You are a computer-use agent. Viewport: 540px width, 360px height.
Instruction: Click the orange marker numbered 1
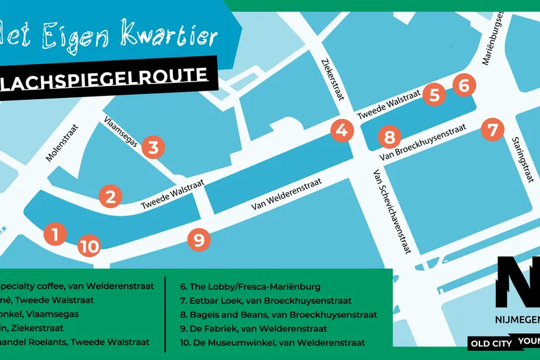(55, 234)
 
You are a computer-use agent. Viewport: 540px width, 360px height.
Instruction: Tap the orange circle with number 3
(153, 147)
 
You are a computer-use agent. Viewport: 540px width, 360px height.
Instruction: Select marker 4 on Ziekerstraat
(341, 130)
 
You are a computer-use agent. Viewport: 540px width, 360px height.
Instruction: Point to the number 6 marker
(464, 85)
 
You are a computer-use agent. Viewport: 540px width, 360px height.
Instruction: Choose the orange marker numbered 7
(492, 129)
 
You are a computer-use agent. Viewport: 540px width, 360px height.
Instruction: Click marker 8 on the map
(389, 138)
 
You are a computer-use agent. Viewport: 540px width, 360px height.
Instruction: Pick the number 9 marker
(199, 240)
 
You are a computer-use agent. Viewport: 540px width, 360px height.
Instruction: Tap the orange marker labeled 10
(90, 247)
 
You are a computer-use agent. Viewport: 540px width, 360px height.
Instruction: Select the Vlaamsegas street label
(122, 132)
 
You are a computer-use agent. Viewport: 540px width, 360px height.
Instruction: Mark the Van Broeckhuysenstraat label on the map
(424, 143)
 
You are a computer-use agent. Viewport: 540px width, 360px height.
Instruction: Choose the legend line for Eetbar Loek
(265, 301)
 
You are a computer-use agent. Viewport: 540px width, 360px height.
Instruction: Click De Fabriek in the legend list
(253, 329)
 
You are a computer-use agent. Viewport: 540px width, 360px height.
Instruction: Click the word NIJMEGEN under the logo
(515, 321)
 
